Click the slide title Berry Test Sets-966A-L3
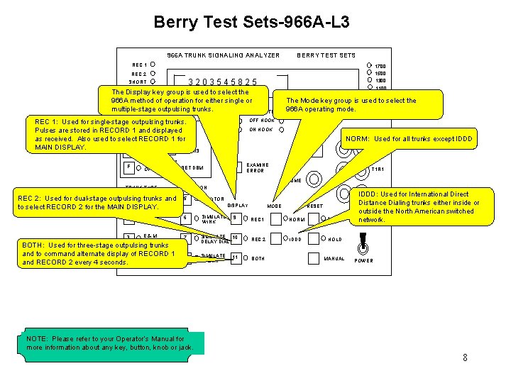(251, 22)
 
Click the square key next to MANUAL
(313, 258)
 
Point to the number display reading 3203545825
(222, 82)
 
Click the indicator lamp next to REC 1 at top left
(153, 65)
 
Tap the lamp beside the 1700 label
(369, 65)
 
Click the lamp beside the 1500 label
(369, 73)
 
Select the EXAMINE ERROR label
(255, 167)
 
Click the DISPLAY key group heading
(237, 206)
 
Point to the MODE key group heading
(274, 206)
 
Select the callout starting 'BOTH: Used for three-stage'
(99, 254)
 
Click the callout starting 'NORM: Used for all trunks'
(407, 139)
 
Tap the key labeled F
(129, 167)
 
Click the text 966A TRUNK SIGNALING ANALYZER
(223, 55)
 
